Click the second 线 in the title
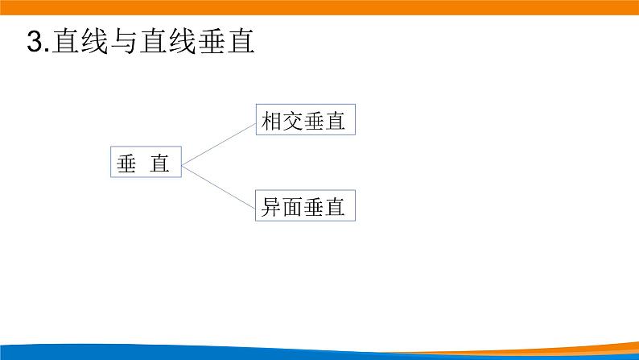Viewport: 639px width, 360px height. [x=181, y=41]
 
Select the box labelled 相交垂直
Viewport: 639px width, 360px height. [x=305, y=121]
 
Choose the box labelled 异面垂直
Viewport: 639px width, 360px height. [x=305, y=206]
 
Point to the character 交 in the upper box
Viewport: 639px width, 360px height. [x=294, y=122]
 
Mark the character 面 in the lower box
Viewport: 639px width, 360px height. [x=294, y=207]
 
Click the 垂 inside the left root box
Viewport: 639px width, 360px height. [x=127, y=163]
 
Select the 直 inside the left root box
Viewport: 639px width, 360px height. [x=160, y=163]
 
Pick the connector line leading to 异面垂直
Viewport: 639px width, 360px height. [x=218, y=185]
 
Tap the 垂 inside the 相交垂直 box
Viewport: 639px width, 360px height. [x=315, y=122]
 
